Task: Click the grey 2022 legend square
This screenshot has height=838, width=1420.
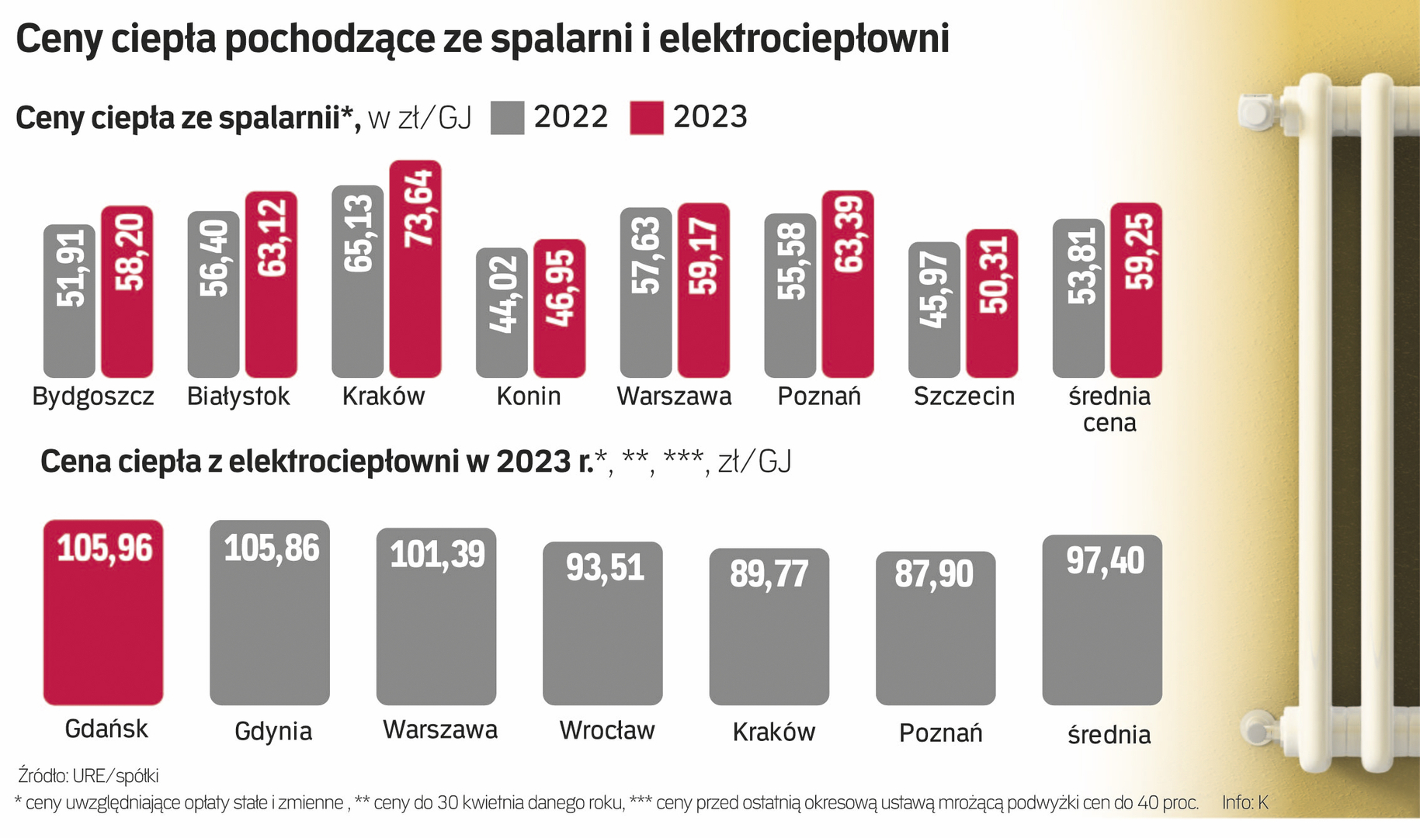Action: point(508,118)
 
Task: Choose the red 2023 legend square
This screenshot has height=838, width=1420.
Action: point(647,118)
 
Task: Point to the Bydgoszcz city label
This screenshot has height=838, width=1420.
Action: point(93,396)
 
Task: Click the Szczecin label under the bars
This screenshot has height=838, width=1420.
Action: point(964,396)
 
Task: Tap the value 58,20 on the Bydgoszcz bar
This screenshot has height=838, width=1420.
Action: point(129,252)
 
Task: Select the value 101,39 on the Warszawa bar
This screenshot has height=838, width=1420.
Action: point(437,555)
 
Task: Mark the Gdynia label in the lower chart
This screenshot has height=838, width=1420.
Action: point(273,732)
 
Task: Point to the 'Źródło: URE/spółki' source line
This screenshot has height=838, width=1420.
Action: point(89,775)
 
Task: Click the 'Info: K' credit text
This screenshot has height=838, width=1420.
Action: point(1245,802)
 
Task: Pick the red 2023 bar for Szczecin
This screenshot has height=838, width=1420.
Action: point(991,303)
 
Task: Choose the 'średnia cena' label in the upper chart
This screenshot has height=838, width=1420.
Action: point(1109,409)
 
